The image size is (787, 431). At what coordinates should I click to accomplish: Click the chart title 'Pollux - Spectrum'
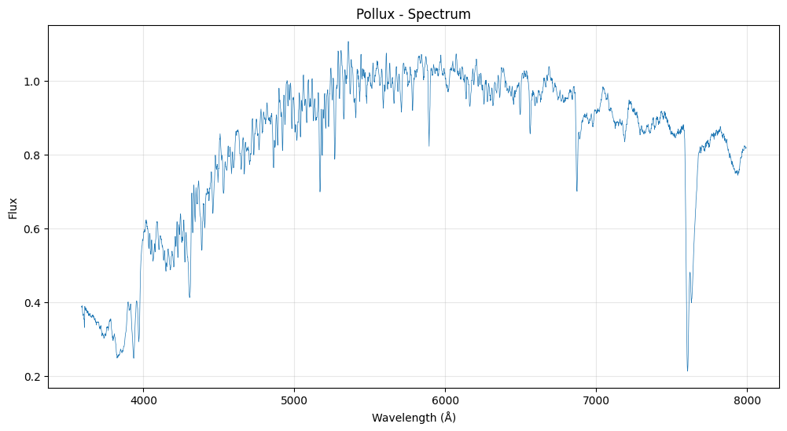click(414, 14)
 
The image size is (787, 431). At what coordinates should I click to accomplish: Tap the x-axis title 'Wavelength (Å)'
click(414, 418)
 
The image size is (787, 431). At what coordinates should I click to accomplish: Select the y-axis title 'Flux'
click(13, 207)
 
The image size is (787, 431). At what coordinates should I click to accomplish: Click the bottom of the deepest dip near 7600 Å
click(687, 371)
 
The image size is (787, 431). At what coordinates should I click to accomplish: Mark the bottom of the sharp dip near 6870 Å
click(577, 191)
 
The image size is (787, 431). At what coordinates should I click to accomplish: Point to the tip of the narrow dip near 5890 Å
click(428, 145)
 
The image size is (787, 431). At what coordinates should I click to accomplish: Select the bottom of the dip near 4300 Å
click(189, 297)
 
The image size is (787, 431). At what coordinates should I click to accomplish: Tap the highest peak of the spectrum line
click(348, 42)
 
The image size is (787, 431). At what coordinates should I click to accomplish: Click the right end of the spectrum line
click(746, 147)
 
